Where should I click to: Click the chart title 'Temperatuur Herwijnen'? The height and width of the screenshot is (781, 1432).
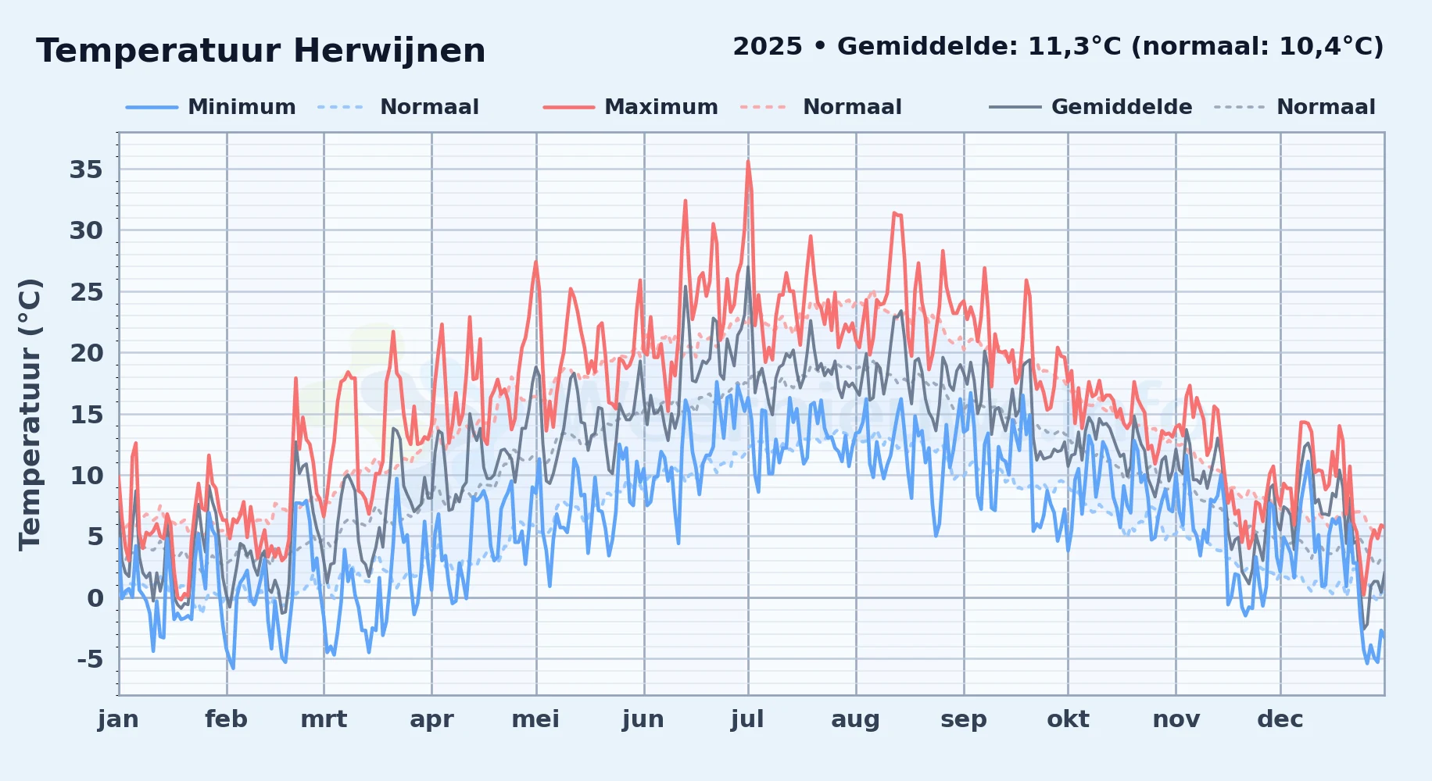pos(261,51)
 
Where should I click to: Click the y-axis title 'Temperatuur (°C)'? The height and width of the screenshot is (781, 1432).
pos(30,414)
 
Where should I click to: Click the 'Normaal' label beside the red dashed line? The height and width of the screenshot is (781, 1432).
pos(852,107)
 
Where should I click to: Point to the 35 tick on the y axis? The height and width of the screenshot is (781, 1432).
pos(86,169)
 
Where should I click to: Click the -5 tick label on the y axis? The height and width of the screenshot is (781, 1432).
pos(90,659)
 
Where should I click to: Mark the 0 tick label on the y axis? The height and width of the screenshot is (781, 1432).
pos(95,598)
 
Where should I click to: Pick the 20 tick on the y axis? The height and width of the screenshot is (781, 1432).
pos(86,353)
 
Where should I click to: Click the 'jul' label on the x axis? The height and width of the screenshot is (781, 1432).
pos(747,719)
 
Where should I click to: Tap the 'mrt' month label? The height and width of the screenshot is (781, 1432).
pos(324,719)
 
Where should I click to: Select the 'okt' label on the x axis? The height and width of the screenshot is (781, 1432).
pos(1068,719)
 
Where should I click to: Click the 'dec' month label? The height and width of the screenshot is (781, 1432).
pos(1280,719)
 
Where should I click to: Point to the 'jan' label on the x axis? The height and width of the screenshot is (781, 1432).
pos(118,719)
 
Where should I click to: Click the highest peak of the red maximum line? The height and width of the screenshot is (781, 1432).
pos(748,162)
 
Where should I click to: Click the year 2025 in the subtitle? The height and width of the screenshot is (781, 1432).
pos(768,47)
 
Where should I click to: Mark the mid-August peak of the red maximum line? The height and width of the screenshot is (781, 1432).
pos(895,212)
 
